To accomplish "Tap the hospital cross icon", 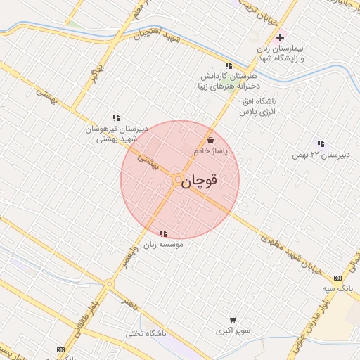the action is pos(281,37).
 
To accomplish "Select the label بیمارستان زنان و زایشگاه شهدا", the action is pos(281,53).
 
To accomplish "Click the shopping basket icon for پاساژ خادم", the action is pos(210,140).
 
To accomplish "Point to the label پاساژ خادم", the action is pos(210,151).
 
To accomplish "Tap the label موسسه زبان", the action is pos(163,245).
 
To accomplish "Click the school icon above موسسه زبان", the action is pos(163,233).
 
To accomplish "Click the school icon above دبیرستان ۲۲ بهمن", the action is pos(321,143).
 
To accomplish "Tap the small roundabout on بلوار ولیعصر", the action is pos(109,284).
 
